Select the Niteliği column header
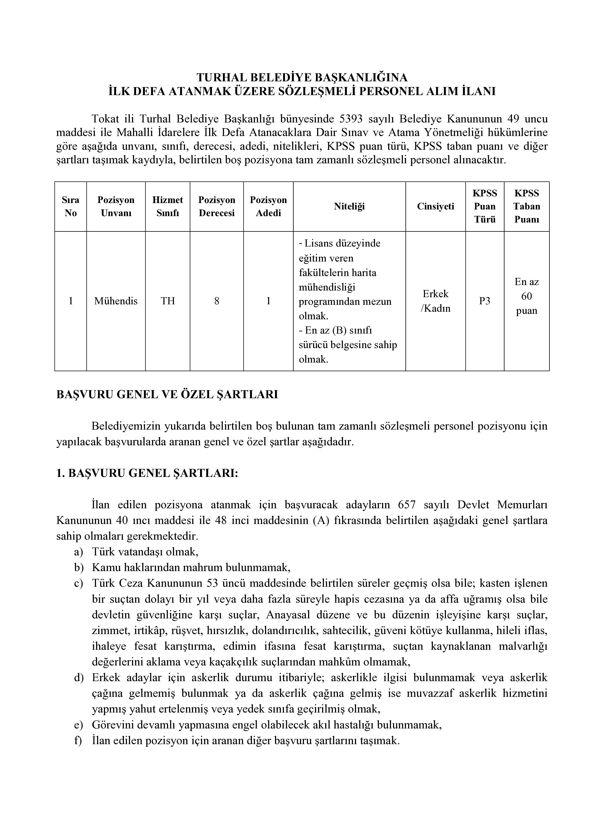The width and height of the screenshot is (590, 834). pos(349,206)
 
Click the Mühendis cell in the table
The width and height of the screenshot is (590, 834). pos(116,301)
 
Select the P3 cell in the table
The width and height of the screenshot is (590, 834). pos(485,301)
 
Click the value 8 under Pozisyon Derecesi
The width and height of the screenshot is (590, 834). pos(217,301)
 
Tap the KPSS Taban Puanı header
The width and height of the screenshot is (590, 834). pos(526,206)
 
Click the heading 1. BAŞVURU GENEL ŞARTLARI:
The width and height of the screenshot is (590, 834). pos(147,473)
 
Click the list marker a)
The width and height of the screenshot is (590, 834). pos(79,552)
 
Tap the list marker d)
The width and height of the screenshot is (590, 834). pos(79,678)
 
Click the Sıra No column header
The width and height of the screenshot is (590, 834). pos(70,206)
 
